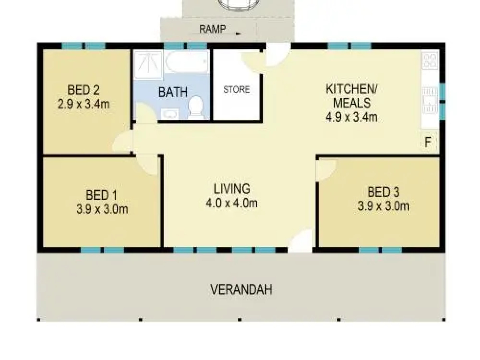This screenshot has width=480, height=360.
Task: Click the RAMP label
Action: tap(212, 29)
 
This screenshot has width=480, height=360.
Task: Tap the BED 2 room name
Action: tap(83, 90)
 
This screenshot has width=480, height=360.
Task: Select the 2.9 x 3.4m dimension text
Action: tap(83, 104)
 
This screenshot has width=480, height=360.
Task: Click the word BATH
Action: tap(173, 92)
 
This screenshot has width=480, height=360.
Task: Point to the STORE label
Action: tap(236, 89)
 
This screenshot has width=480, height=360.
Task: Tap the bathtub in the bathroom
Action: tap(187, 62)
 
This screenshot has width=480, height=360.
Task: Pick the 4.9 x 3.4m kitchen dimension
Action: tap(351, 117)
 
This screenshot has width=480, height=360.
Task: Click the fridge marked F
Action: tap(428, 143)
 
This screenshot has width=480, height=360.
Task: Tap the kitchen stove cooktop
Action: tap(429, 61)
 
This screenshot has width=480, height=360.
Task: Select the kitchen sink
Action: tap(429, 100)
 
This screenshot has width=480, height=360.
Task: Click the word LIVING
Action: tap(232, 189)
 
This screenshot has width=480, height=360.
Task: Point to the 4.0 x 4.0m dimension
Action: tap(232, 203)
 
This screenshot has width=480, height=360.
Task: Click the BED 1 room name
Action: tap(102, 195)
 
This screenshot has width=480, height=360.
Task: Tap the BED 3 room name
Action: tap(383, 192)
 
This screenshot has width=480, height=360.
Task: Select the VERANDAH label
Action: tap(241, 289)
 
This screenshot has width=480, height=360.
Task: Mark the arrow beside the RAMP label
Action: tap(238, 33)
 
